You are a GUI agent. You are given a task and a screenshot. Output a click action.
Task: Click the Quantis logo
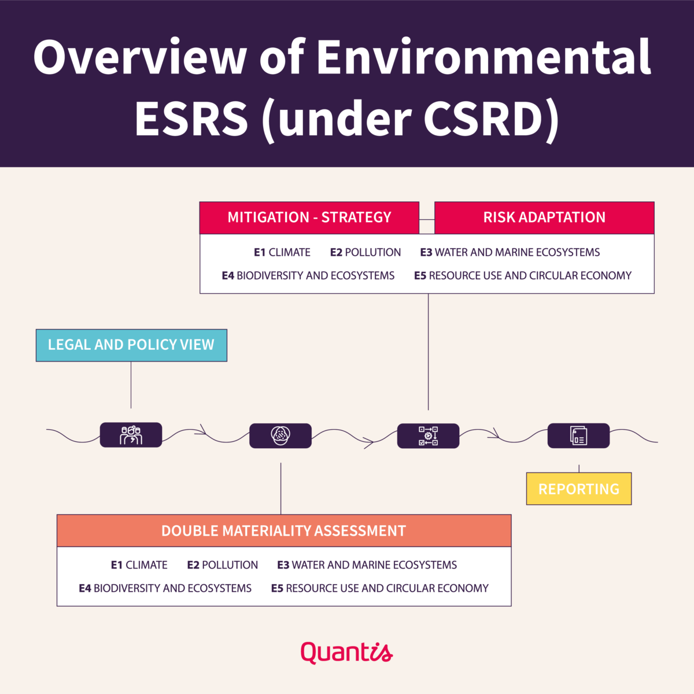pyautogui.click(x=346, y=652)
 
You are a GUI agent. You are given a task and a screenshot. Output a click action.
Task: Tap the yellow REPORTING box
pyautogui.click(x=579, y=488)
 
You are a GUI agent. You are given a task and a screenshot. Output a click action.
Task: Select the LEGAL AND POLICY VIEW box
pyautogui.click(x=131, y=345)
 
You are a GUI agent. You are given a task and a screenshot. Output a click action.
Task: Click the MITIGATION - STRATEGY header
pyautogui.click(x=309, y=217)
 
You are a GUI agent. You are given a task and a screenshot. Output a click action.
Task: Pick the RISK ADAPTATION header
pyautogui.click(x=544, y=217)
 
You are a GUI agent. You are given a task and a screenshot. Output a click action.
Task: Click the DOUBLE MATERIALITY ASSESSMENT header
pyautogui.click(x=284, y=530)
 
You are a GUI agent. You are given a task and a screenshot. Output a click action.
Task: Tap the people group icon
pyautogui.click(x=131, y=435)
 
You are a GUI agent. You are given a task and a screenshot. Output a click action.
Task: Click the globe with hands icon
pyautogui.click(x=280, y=435)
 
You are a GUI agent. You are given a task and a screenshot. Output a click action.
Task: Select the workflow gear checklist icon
pyautogui.click(x=428, y=436)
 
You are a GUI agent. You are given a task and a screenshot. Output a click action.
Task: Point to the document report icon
pyautogui.click(x=579, y=435)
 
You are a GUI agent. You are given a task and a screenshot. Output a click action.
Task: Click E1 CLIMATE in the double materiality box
pyautogui.click(x=139, y=564)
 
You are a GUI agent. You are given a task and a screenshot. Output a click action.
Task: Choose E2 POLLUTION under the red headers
pyautogui.click(x=365, y=252)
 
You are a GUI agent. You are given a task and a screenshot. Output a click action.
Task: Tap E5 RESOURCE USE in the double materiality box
pyautogui.click(x=379, y=588)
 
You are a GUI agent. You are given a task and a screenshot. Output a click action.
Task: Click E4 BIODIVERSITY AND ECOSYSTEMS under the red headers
pyautogui.click(x=308, y=275)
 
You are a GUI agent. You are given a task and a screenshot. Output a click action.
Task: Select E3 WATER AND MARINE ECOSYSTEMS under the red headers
pyautogui.click(x=510, y=252)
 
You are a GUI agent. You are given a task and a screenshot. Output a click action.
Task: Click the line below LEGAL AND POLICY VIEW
pyautogui.click(x=131, y=385)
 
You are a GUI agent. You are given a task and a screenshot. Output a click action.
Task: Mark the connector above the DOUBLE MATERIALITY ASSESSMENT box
pyautogui.click(x=280, y=488)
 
